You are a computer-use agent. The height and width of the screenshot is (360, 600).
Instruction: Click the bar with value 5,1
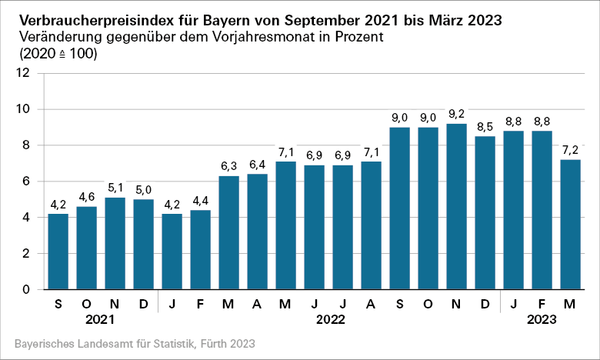click(x=115, y=243)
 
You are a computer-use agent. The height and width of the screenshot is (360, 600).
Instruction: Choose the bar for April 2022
click(x=258, y=232)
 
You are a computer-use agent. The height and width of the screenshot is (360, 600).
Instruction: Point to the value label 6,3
click(x=229, y=165)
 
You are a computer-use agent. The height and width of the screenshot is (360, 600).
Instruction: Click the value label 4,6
click(x=87, y=196)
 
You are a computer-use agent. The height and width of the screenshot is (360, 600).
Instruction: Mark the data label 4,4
click(x=201, y=200)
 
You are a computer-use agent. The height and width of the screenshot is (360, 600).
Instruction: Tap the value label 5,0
click(x=144, y=189)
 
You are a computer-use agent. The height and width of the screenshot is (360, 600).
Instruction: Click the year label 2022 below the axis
click(x=329, y=319)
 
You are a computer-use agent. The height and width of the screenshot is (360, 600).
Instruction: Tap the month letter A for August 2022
click(x=372, y=304)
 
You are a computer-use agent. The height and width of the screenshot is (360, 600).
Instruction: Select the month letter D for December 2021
click(x=144, y=304)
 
